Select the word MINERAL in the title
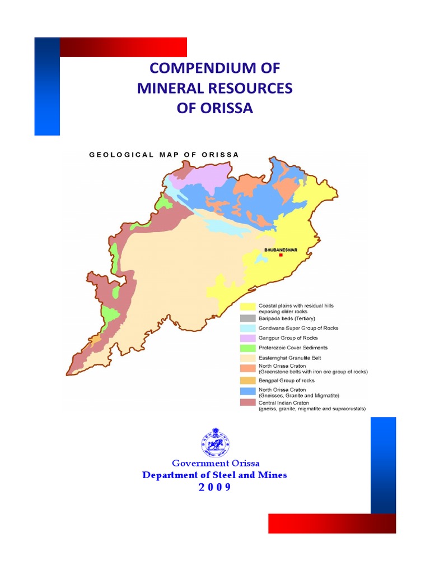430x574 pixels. pos(171,89)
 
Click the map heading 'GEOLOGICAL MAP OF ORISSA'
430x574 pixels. pos(164,155)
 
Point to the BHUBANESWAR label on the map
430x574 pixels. pos(281,249)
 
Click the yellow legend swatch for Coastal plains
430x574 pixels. pos(248,307)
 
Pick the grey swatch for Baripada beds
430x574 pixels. pos(248,318)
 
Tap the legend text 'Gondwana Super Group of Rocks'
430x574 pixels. pos(298,328)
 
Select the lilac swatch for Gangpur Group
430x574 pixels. pos(248,338)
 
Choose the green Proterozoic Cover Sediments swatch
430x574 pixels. pos(248,348)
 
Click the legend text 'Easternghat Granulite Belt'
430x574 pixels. pos(289,358)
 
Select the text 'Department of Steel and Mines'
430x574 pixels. pos(214,475)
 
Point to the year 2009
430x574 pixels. pos(214,487)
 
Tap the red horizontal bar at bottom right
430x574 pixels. pos(332,523)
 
